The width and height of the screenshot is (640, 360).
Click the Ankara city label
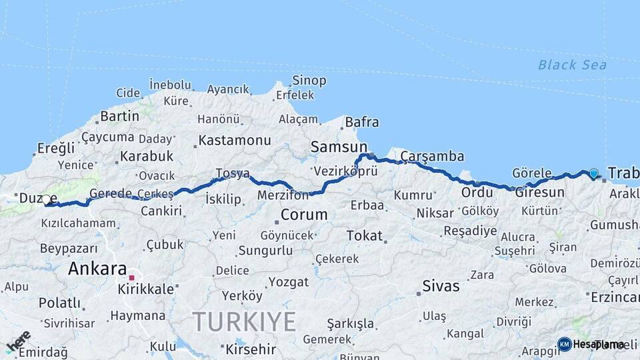tap(97, 269)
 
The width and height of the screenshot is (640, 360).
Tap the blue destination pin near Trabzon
tap(594, 173)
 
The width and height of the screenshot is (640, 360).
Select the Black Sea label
tap(572, 65)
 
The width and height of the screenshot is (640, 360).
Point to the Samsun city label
tap(339, 147)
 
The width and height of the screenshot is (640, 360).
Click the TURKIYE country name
tap(245, 323)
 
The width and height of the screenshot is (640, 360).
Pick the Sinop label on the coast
tap(309, 81)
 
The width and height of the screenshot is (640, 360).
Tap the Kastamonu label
tap(235, 141)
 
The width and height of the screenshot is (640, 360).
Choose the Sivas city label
tap(441, 286)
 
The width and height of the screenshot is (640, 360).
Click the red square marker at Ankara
tap(132, 277)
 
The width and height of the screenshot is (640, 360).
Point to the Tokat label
tap(364, 235)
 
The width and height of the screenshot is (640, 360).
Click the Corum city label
tap(303, 215)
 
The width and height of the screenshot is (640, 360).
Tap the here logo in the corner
tap(19, 341)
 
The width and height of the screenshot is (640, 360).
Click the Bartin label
tap(119, 116)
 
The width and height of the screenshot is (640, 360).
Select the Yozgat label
tap(288, 282)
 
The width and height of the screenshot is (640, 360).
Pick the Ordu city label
tap(477, 192)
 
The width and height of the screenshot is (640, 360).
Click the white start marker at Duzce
tap(46, 199)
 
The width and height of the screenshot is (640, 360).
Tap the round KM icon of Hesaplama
tap(564, 344)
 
